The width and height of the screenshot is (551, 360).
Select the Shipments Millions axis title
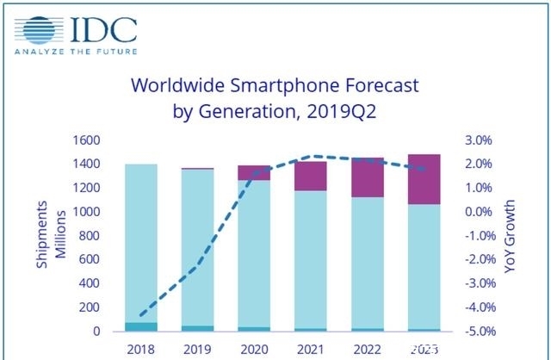click(x=50, y=236)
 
